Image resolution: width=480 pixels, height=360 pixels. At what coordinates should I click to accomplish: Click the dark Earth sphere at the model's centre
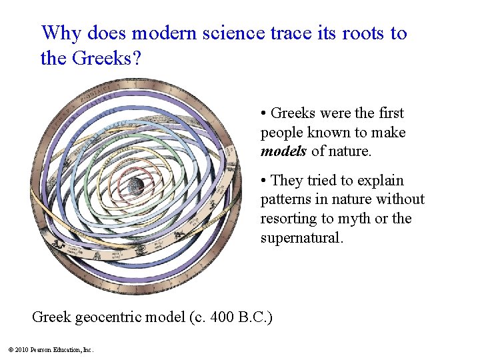pos(137,185)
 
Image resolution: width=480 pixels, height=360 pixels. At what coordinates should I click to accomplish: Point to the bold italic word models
pos(283,151)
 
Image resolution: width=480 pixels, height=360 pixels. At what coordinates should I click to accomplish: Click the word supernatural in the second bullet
pos(301,238)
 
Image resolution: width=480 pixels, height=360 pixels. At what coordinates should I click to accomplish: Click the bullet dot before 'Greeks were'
pos(265,114)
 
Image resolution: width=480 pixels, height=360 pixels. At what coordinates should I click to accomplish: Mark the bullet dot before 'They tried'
pos(265,181)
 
